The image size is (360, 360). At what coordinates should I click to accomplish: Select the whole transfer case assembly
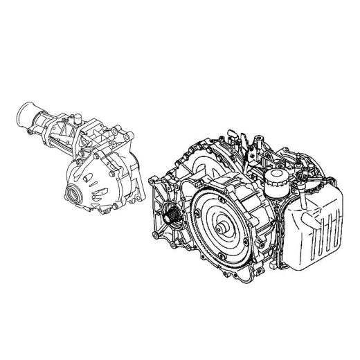(x=83, y=159)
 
